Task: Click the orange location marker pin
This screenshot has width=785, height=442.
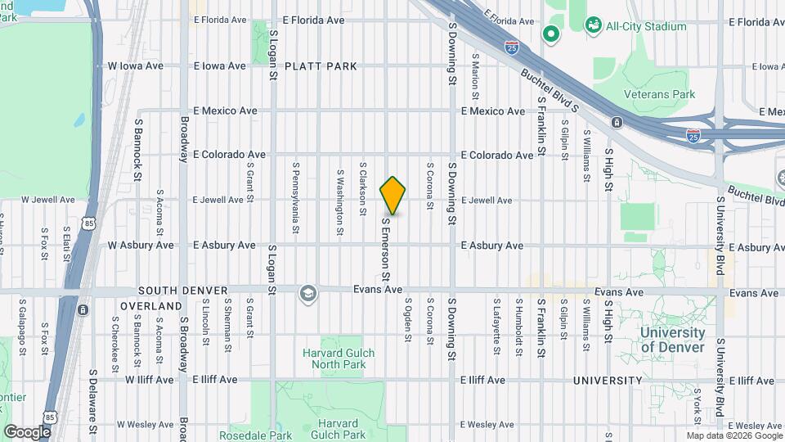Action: (393, 196)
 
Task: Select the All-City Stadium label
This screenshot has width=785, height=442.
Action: (646, 26)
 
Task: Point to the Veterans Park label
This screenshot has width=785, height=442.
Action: (659, 94)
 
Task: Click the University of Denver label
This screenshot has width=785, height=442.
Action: (672, 340)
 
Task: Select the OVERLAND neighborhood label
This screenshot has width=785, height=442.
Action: (151, 306)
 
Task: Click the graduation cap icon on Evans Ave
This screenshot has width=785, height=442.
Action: (308, 294)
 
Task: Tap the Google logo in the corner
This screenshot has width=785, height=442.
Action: (27, 431)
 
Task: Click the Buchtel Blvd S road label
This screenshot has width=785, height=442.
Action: (549, 90)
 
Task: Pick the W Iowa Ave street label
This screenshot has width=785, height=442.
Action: (136, 66)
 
